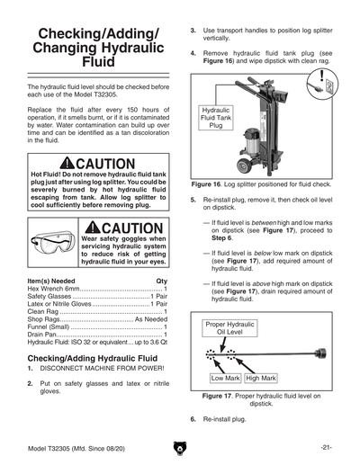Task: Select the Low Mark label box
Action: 225,379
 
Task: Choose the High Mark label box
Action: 261,379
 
